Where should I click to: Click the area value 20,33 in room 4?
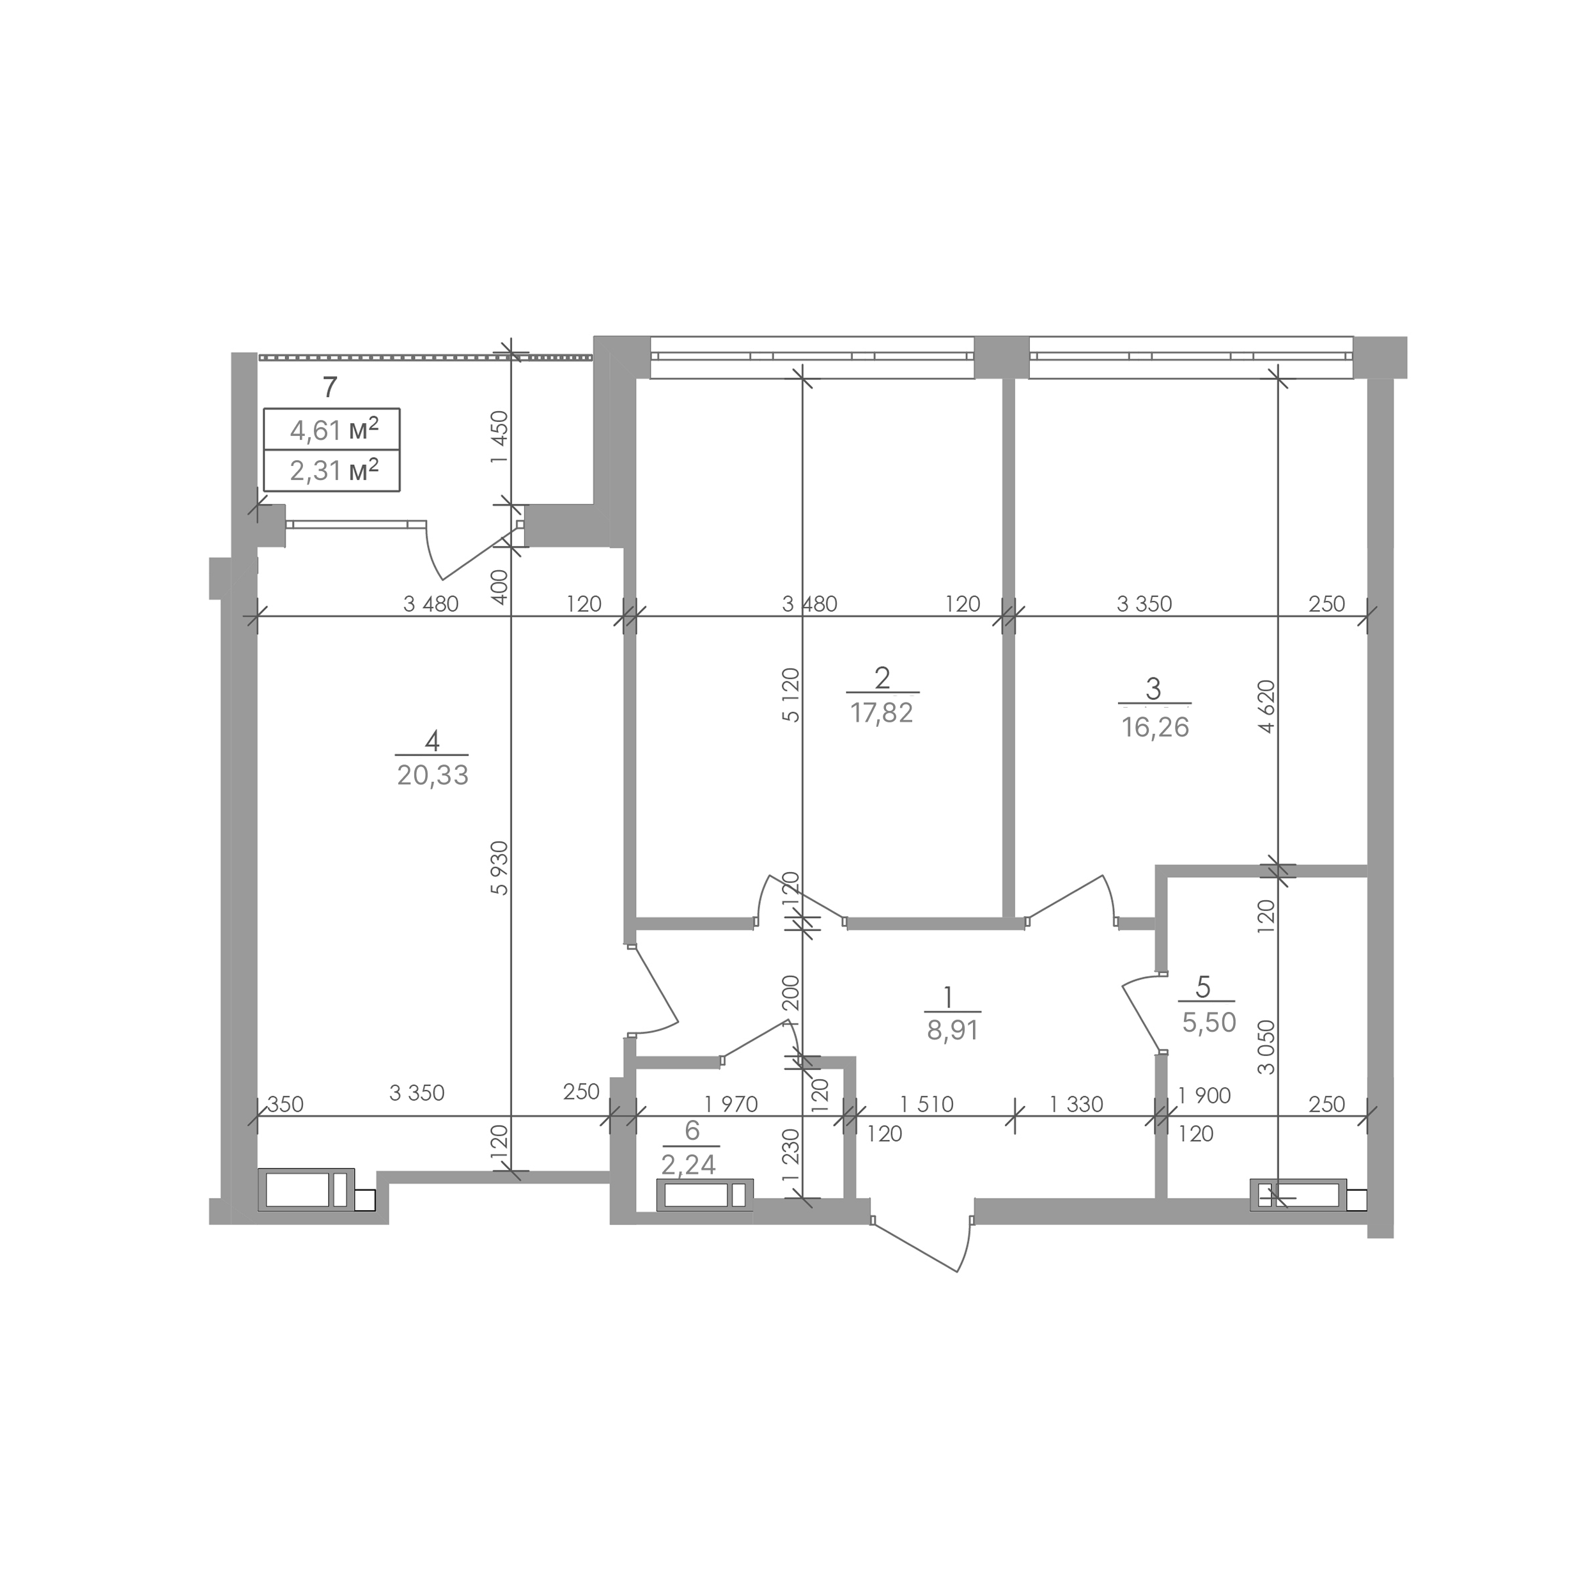click(433, 775)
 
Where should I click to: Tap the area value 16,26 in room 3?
click(1155, 727)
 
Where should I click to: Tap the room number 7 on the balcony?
click(330, 386)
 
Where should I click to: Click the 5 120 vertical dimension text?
click(791, 694)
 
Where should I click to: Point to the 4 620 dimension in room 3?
click(1266, 706)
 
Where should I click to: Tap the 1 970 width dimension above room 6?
click(731, 1104)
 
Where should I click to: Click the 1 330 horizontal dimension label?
click(1077, 1104)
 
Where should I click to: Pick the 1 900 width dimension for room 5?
click(1204, 1095)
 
